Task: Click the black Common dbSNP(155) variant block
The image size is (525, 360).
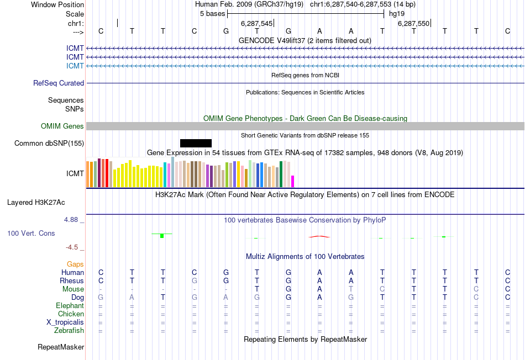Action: tap(196, 143)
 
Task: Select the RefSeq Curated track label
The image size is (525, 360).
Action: tap(59, 83)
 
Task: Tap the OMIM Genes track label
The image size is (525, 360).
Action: tap(62, 126)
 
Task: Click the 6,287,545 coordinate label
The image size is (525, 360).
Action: tap(257, 24)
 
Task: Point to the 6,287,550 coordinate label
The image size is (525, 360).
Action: tap(413, 24)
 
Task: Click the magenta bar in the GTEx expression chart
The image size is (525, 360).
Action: tap(293, 181)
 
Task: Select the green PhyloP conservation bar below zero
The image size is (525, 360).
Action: tap(162, 236)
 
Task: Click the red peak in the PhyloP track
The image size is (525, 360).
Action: tap(319, 236)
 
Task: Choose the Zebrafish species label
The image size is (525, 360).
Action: tap(69, 331)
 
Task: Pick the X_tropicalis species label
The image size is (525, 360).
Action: tap(65, 322)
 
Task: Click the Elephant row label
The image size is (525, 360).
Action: tap(70, 306)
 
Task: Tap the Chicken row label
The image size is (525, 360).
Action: tap(71, 314)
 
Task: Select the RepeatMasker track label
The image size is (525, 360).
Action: tap(61, 347)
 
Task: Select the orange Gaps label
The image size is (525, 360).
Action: tap(76, 264)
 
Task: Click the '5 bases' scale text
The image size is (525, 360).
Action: tap(212, 13)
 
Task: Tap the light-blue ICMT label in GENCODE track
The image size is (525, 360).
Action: tap(75, 66)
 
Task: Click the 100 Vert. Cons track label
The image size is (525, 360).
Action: tap(32, 234)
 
